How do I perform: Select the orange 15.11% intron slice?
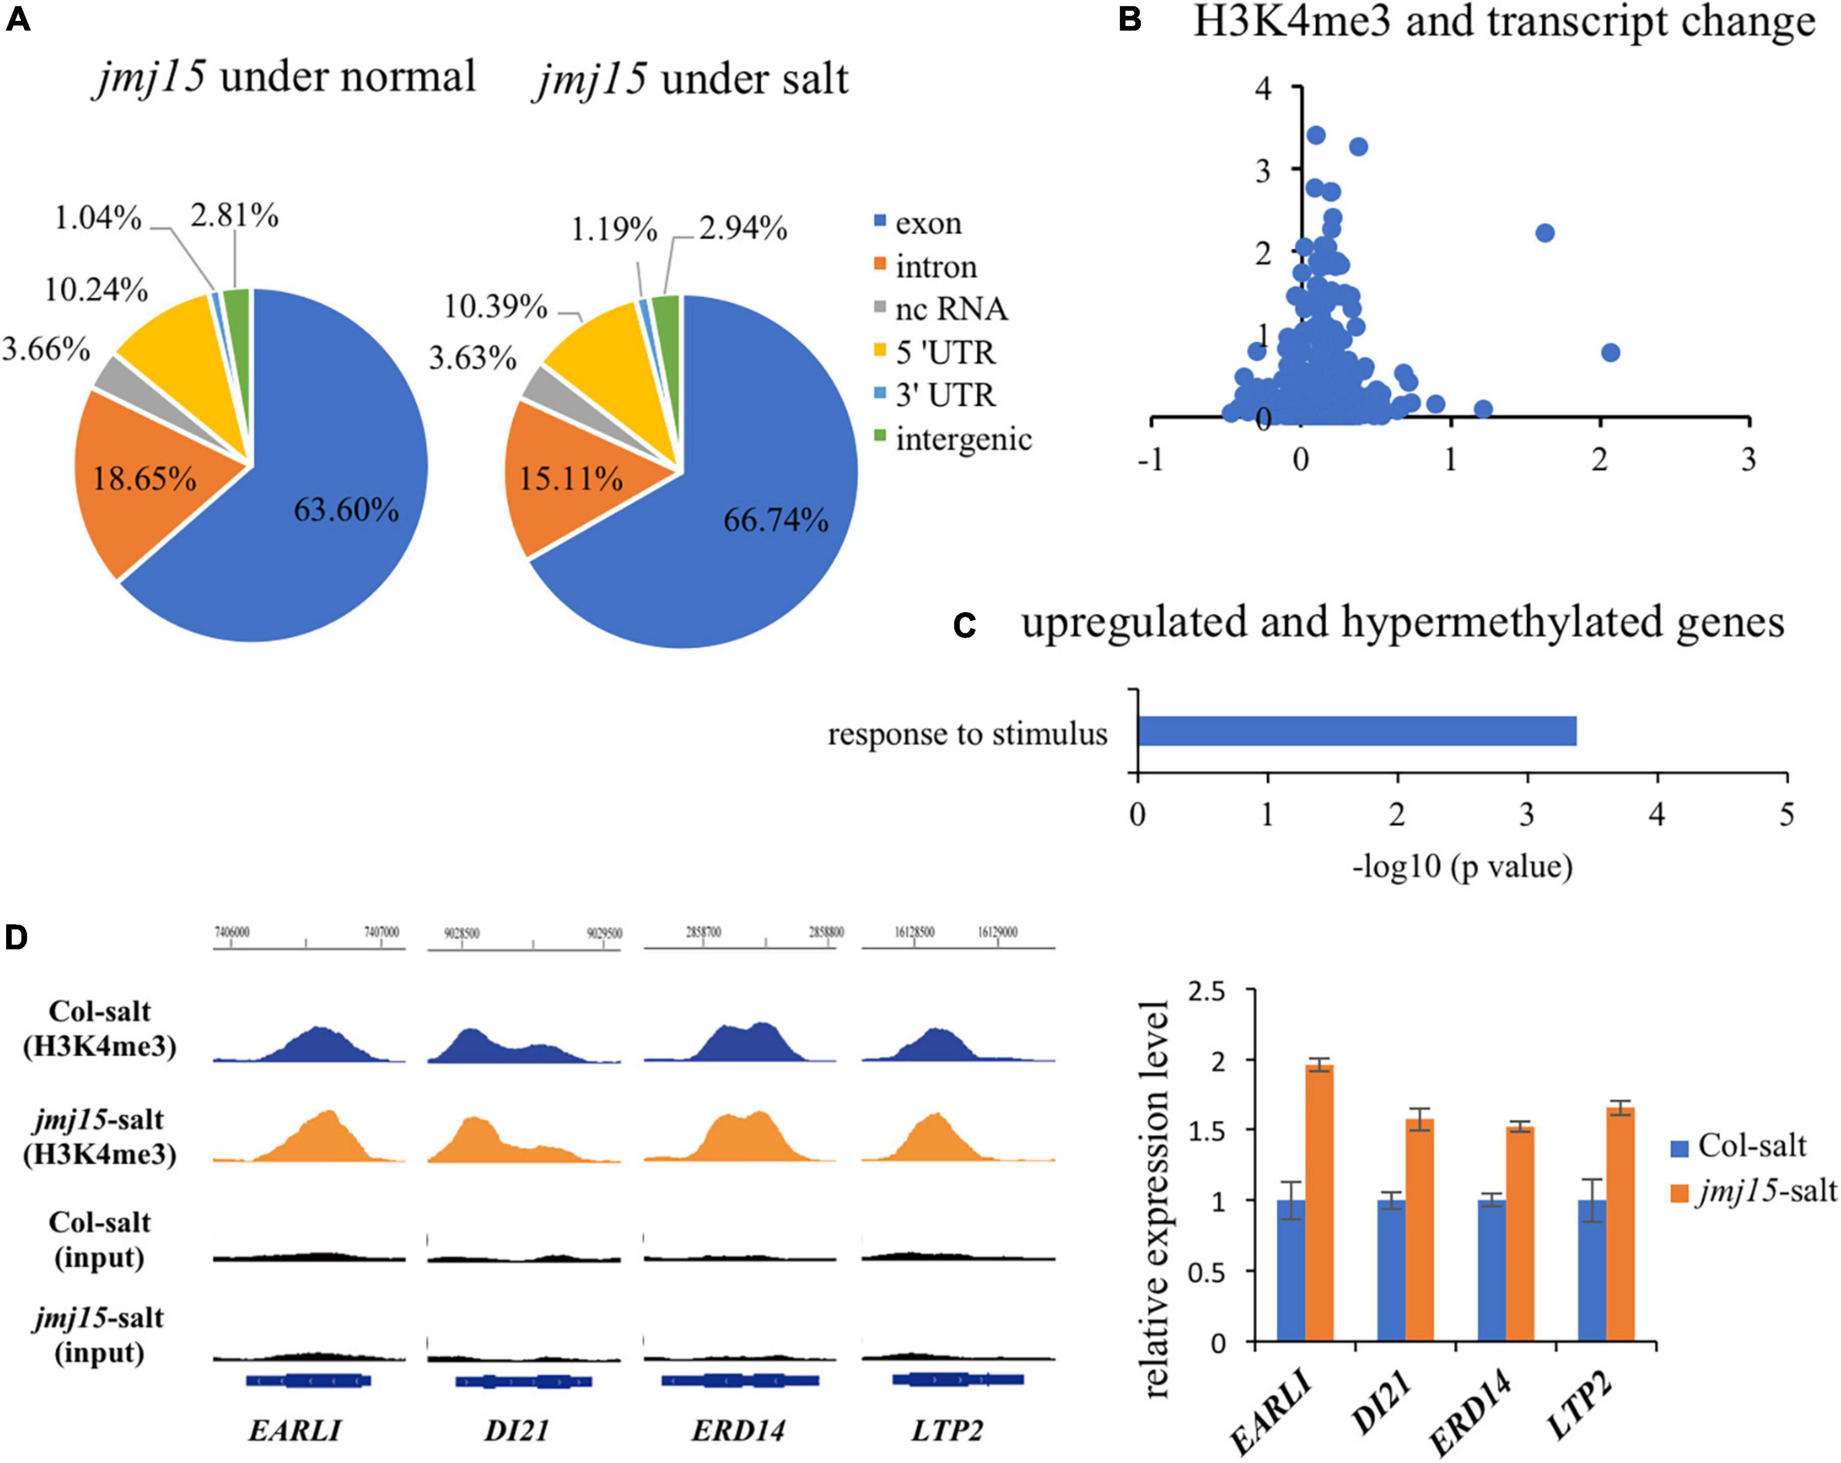570,478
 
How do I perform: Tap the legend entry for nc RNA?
950,309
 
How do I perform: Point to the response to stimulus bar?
1356,732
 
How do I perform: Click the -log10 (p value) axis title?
1462,867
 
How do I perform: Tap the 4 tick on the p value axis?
1657,815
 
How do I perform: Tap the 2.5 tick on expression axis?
1206,992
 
